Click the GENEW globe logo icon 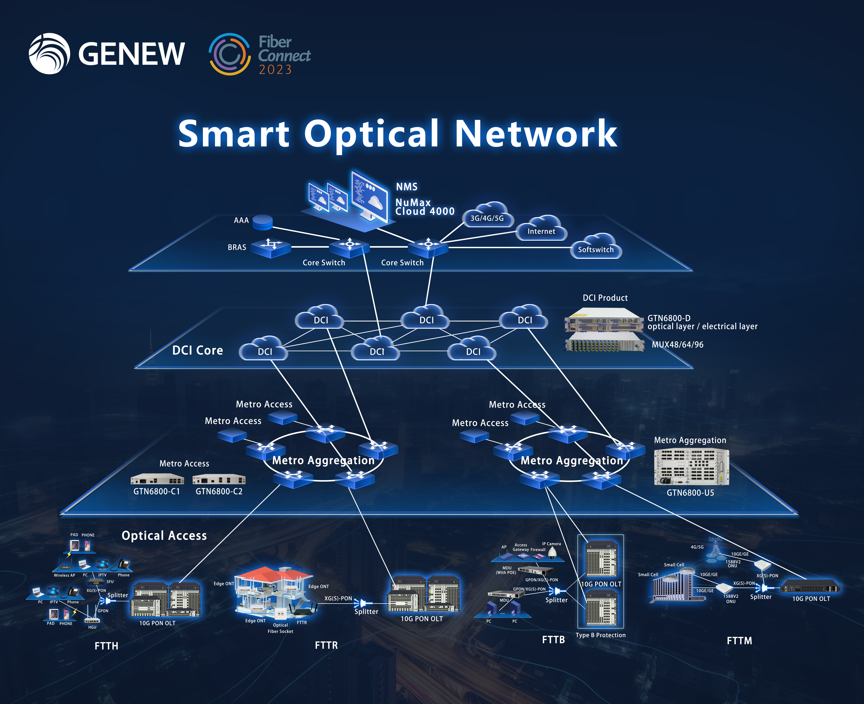(49, 54)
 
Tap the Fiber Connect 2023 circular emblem (229, 54)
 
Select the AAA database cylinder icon (262, 222)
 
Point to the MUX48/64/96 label (677, 345)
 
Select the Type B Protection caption (600, 635)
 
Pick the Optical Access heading (164, 536)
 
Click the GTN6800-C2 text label (219, 491)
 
